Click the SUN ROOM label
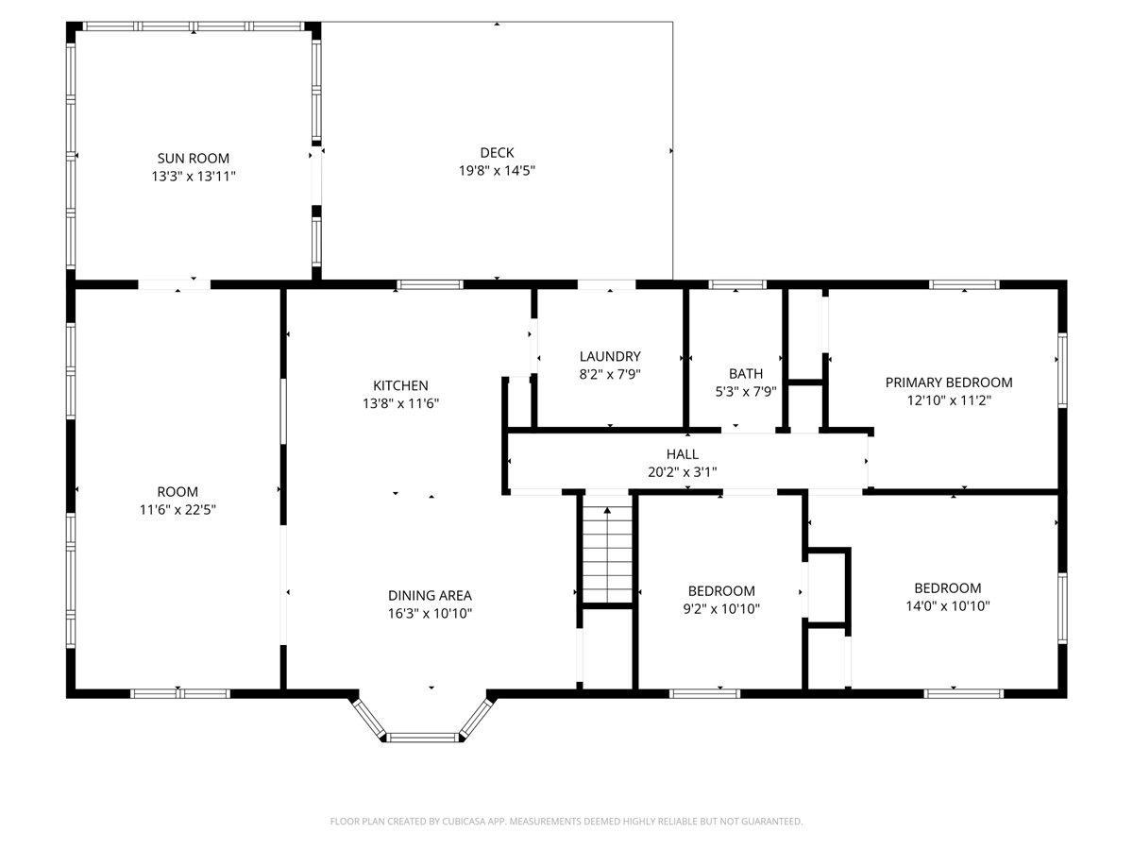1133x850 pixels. (193, 158)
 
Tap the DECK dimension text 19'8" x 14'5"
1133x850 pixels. (497, 170)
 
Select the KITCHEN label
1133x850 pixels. (400, 385)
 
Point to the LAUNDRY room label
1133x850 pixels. (610, 356)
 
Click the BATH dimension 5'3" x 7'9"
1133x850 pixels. (745, 391)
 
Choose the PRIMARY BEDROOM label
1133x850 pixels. (949, 382)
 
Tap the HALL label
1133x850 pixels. (682, 454)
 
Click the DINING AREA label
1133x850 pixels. (430, 596)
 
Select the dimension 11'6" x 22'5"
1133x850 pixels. (178, 510)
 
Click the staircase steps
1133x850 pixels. (607, 555)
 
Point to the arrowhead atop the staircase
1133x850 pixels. (607, 510)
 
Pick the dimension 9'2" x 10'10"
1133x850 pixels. (721, 609)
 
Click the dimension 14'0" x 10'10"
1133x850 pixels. (948, 606)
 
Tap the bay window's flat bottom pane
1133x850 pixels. (423, 738)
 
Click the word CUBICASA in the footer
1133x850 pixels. (462, 821)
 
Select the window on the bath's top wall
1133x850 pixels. (737, 284)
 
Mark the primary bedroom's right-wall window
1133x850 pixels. (1062, 370)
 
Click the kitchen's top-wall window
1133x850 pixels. (430, 284)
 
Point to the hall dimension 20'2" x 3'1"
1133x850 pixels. (682, 472)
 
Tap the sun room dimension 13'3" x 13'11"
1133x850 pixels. (193, 177)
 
